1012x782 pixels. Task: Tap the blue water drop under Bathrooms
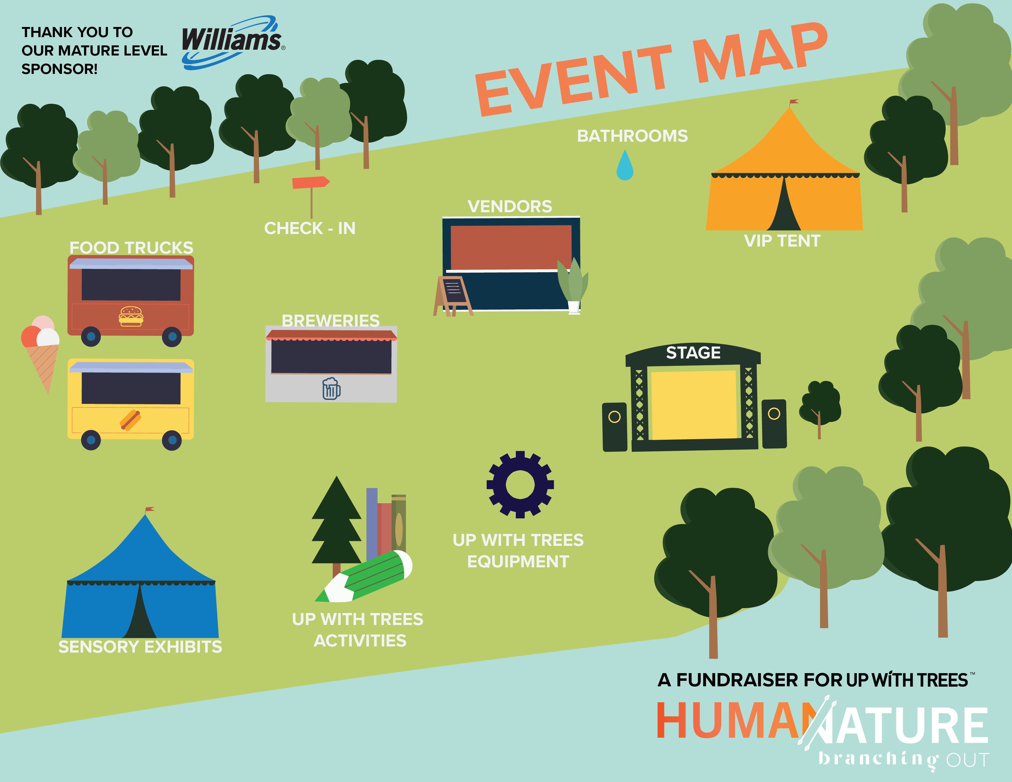(625, 165)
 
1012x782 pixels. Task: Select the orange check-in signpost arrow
(310, 182)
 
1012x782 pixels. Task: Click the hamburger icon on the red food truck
(131, 316)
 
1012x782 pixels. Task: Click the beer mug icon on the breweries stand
(331, 388)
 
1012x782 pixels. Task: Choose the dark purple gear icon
(520, 484)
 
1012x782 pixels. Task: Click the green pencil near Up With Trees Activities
(364, 576)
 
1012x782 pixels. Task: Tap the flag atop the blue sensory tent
(149, 510)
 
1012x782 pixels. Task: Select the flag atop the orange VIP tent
(793, 102)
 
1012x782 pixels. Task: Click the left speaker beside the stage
(615, 427)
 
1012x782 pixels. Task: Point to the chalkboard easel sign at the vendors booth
(453, 296)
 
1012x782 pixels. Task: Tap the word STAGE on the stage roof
(693, 353)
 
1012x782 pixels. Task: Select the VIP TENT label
(782, 241)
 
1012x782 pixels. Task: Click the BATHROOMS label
(632, 136)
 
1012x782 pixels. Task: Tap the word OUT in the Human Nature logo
(968, 760)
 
